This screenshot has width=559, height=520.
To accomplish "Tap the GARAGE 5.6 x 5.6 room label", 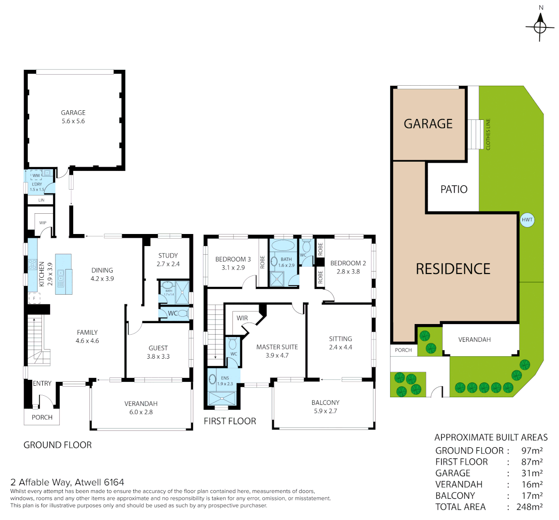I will pyautogui.click(x=73, y=117).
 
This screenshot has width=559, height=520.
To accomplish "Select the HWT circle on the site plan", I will pyautogui.click(x=527, y=220).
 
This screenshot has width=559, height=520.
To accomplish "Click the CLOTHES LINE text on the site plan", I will pyautogui.click(x=488, y=134).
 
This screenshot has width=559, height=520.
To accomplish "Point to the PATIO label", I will pyautogui.click(x=454, y=189).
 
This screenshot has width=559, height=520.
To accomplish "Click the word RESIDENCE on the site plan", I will pyautogui.click(x=453, y=269).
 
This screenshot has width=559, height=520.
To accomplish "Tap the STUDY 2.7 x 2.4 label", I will pyautogui.click(x=168, y=260).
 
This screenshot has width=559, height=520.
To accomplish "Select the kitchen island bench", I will pyautogui.click(x=63, y=273).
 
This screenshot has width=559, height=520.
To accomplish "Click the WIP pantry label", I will pyautogui.click(x=43, y=223).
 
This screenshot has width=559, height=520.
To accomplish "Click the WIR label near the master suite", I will pyautogui.click(x=242, y=318).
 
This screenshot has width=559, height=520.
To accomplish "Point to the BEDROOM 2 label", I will pyautogui.click(x=348, y=267).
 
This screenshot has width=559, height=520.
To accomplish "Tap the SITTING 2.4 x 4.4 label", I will pyautogui.click(x=340, y=343).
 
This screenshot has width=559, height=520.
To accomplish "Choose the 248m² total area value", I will pyautogui.click(x=529, y=507).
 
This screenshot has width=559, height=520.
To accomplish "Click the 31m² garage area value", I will pyautogui.click(x=532, y=473).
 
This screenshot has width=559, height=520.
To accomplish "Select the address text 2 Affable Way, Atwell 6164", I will pyautogui.click(x=67, y=482).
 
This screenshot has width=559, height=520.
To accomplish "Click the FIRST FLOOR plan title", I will pyautogui.click(x=229, y=421).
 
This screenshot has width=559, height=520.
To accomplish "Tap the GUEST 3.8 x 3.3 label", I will pyautogui.click(x=158, y=352).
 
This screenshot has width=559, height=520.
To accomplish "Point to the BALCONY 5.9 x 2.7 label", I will pyautogui.click(x=325, y=407).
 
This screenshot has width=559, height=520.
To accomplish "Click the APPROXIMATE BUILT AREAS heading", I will pyautogui.click(x=491, y=437).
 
